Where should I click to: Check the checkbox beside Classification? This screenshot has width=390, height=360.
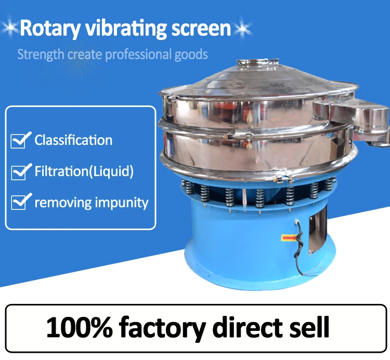(19, 140)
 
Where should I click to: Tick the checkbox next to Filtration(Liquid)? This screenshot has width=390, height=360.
(19, 171)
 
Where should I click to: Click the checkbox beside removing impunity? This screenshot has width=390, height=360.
(19, 202)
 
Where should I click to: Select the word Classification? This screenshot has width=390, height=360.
(73, 140)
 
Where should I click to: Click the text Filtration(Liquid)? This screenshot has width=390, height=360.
(84, 171)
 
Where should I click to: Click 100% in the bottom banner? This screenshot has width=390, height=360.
(79, 327)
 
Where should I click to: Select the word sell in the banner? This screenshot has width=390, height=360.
(309, 327)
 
